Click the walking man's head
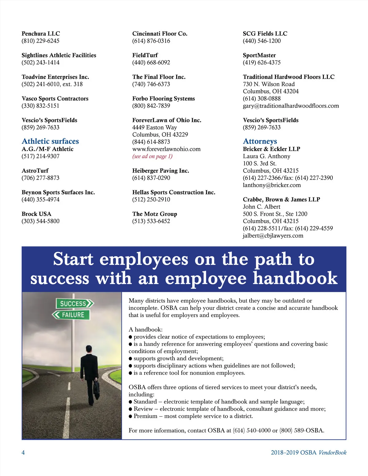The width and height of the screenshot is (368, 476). [x=89, y=349]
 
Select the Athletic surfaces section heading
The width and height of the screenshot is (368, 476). [x=50, y=141]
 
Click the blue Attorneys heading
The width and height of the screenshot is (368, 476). [x=260, y=141]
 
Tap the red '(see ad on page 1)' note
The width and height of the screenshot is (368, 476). [x=152, y=156]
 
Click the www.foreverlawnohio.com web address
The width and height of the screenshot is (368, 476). [x=166, y=149]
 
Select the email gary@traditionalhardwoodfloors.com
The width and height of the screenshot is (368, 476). [x=291, y=106]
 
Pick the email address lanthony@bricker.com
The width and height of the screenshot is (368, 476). [x=272, y=185]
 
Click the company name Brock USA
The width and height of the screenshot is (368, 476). [x=36, y=214]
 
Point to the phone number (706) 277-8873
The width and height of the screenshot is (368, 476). [x=40, y=178]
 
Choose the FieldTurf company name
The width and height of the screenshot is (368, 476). [x=145, y=55]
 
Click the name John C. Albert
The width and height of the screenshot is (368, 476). [x=262, y=207]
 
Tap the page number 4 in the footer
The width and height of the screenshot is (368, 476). [x=23, y=452]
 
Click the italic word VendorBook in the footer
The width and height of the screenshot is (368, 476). [x=332, y=452]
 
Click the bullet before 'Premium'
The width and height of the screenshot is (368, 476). [x=131, y=416]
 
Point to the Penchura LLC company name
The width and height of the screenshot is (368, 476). [x=41, y=34]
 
